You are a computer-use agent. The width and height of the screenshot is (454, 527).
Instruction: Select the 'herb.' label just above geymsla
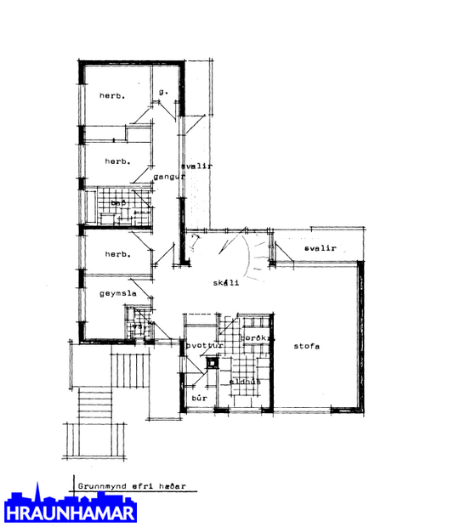pyautogui.click(x=116, y=254)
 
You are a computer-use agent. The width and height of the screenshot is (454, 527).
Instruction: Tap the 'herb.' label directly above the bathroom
pyautogui.click(x=116, y=161)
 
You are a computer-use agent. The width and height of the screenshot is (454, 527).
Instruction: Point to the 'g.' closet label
pyautogui.click(x=164, y=91)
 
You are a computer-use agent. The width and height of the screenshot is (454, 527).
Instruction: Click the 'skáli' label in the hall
pyautogui.click(x=225, y=282)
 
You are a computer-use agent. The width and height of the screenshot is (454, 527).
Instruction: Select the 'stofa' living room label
pyautogui.click(x=307, y=346)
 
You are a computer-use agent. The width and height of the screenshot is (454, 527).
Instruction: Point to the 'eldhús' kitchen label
pyautogui.click(x=245, y=381)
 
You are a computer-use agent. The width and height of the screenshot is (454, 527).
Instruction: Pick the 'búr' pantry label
pyautogui.click(x=201, y=397)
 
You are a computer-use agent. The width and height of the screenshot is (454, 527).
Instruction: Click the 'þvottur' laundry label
pyautogui.click(x=205, y=346)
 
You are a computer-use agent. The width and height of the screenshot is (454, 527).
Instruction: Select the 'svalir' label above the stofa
pyautogui.click(x=320, y=248)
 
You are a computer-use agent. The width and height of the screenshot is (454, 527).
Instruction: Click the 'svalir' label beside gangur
pyautogui.click(x=201, y=166)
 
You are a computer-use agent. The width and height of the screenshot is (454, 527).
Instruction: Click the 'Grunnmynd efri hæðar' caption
pyautogui.click(x=131, y=487)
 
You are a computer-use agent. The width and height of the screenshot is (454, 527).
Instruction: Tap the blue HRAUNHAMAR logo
pyautogui.click(x=70, y=507)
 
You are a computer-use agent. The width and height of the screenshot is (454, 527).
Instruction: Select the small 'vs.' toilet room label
pyautogui.click(x=137, y=326)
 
